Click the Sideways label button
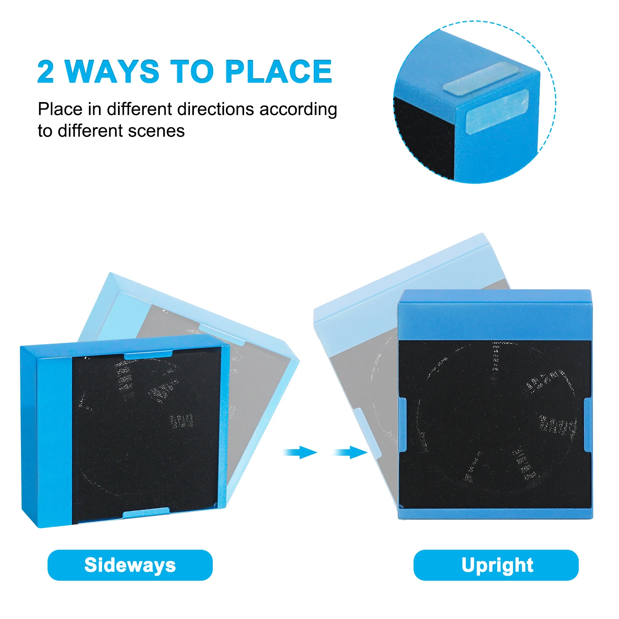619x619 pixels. coord(130,565)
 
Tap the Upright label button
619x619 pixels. coord(496,565)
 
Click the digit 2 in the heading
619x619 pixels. coord(45,72)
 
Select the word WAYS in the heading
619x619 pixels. coord(112,72)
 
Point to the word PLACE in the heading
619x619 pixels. coord(279,72)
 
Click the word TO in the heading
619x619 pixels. coord(192,72)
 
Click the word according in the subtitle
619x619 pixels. coord(298,110)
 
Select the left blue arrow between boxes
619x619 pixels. coord(300,452)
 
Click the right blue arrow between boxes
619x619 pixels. coord(351,452)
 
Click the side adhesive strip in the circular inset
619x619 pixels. coord(497,111)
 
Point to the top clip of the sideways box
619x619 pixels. coord(148,354)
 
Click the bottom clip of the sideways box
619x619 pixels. coord(146,513)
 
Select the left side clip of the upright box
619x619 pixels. coord(402,425)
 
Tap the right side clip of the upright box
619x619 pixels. coord(587,425)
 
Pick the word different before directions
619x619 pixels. coord(139,109)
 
